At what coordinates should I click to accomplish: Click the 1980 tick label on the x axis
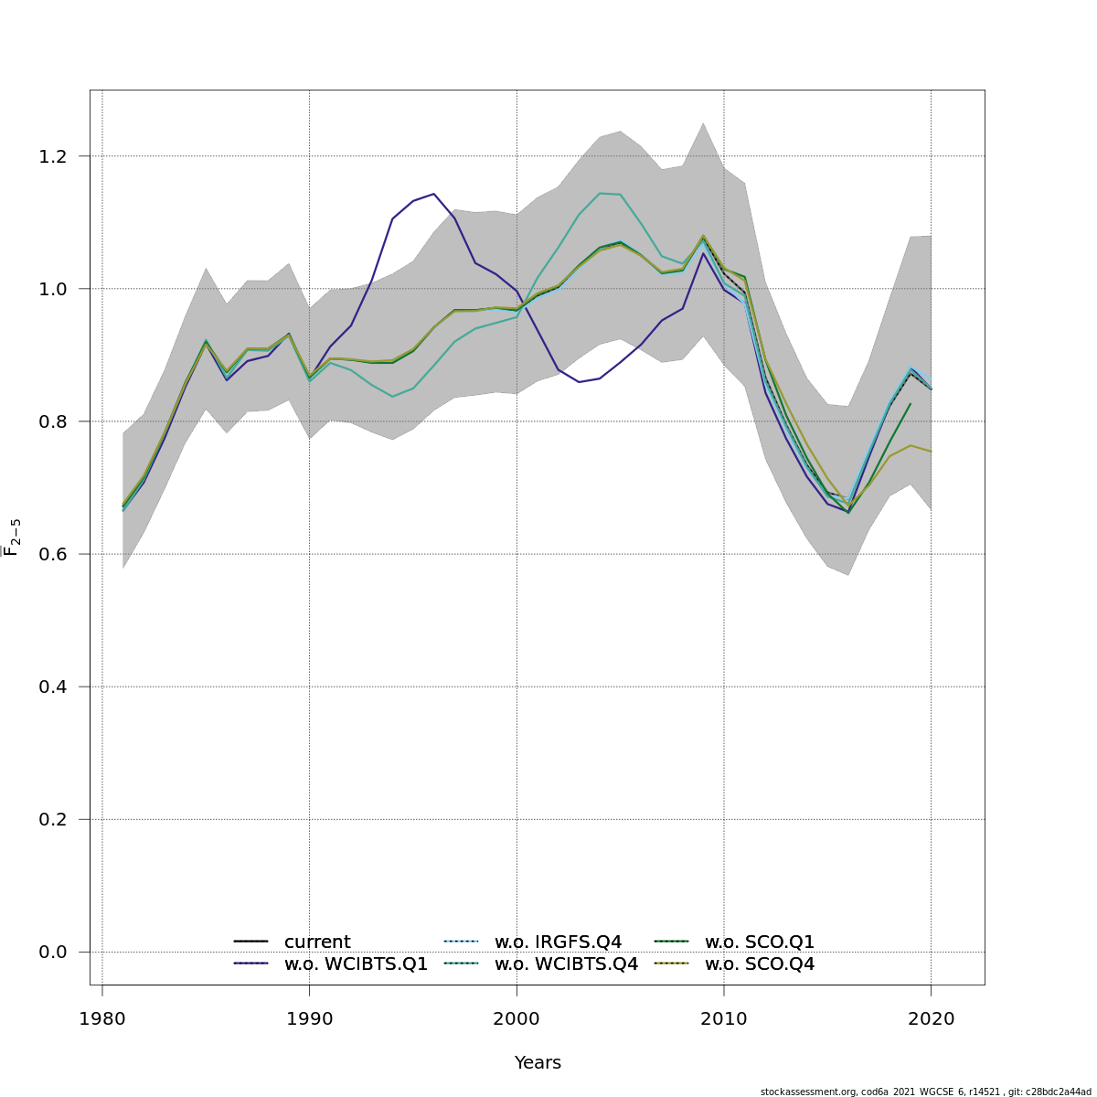[x=101, y=1019]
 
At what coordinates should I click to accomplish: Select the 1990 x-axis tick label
[x=309, y=1019]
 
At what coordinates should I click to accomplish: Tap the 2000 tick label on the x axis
[x=517, y=1019]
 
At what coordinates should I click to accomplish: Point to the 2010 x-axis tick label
[x=724, y=1019]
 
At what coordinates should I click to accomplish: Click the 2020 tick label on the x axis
[x=931, y=1019]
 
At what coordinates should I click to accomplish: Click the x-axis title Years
[x=538, y=1063]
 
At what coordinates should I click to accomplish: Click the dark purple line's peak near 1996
[x=433, y=194]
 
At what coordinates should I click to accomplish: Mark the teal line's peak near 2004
[x=600, y=193]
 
